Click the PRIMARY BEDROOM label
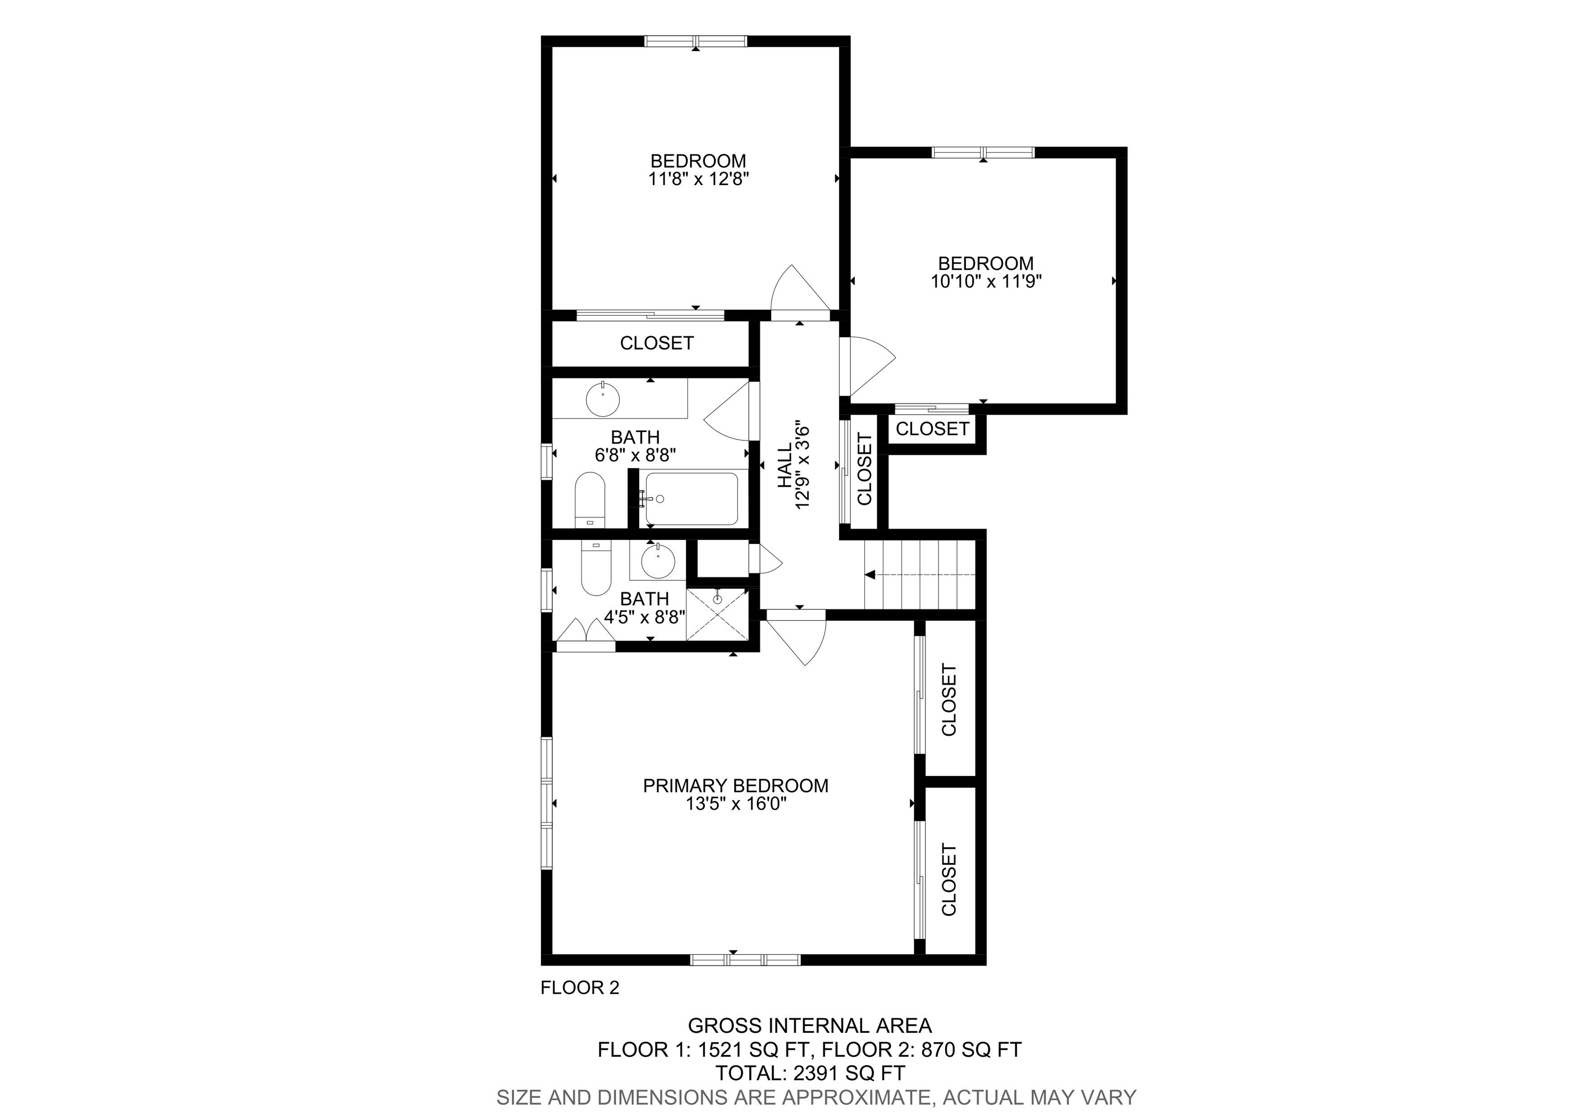tap(735, 785)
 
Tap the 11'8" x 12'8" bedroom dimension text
tap(698, 179)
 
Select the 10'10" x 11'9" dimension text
tap(986, 282)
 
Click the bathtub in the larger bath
tap(690, 499)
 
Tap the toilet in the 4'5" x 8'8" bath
tap(596, 568)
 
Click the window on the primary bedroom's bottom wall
tap(745, 960)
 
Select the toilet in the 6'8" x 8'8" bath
tap(590, 500)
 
